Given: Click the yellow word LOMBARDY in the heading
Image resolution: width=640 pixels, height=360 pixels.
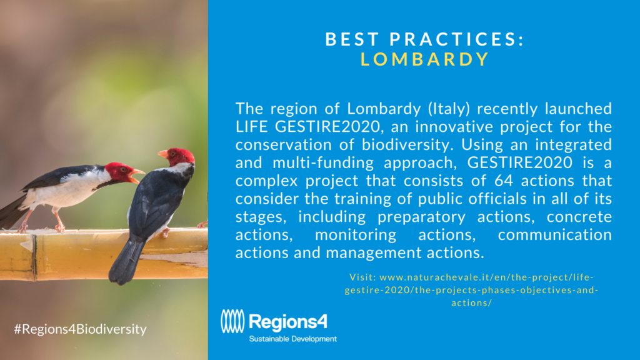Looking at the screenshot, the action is (x=424, y=59).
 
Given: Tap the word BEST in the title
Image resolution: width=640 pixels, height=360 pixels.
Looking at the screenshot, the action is (x=352, y=39).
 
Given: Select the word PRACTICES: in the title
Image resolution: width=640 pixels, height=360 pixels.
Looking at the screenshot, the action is (x=457, y=39).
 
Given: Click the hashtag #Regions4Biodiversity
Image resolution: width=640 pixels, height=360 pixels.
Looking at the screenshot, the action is (x=81, y=329).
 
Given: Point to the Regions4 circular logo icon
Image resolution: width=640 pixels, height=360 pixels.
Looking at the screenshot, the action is (x=232, y=321).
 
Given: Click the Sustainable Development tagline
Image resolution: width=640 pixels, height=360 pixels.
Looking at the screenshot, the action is (x=292, y=339).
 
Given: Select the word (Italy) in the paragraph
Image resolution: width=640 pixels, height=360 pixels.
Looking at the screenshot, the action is (x=449, y=109).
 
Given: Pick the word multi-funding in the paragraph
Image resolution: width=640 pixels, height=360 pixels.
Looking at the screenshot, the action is (x=323, y=163).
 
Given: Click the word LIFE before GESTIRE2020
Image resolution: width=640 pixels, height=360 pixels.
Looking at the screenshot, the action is (x=251, y=126).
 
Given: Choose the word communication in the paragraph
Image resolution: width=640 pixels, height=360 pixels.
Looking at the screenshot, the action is (x=555, y=235).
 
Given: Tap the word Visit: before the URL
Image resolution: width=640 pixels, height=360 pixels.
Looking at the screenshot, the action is (x=362, y=277).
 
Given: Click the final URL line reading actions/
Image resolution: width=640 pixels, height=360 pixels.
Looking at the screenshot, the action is (x=471, y=303).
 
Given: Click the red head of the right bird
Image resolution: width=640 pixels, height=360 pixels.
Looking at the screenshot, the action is (x=179, y=156).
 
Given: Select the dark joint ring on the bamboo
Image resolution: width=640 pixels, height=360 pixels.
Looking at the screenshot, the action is (x=34, y=257).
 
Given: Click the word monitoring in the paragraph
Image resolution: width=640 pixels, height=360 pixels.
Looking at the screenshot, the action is (x=356, y=235).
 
